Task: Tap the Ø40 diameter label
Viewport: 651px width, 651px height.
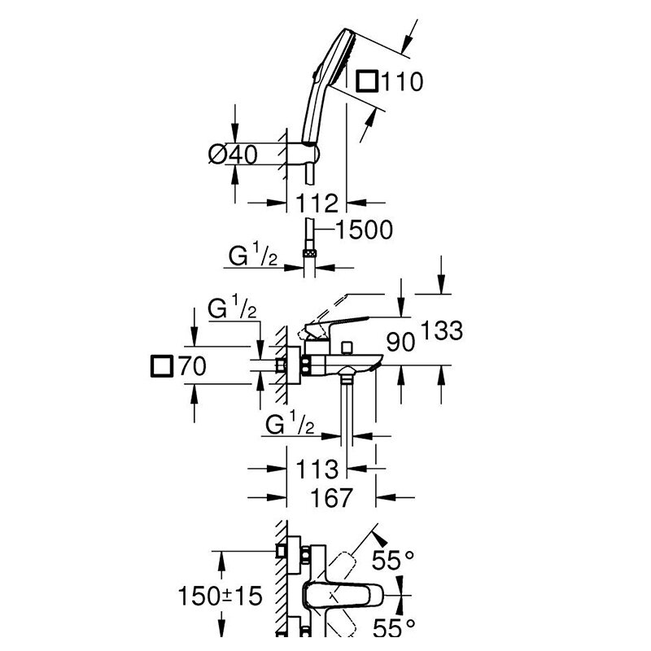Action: (x=233, y=155)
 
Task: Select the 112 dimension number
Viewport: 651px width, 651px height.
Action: (x=317, y=203)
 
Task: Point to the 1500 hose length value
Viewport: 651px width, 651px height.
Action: (x=364, y=229)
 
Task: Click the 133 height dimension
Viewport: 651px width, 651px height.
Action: (x=442, y=330)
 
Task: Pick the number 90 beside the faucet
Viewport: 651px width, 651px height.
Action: (x=400, y=342)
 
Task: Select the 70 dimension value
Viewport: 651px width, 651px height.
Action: (x=192, y=366)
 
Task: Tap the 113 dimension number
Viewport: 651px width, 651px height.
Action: (x=317, y=470)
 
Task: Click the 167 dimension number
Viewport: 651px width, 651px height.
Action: (x=332, y=497)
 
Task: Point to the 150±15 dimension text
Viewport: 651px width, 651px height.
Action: (x=220, y=596)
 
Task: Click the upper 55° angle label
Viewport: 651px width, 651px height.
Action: (x=393, y=560)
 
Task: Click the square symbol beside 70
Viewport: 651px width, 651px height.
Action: (x=161, y=366)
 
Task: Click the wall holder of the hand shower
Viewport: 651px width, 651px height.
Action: (x=311, y=155)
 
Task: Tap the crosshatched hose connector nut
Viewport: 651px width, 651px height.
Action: (x=310, y=254)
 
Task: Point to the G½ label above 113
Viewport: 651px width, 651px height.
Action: (x=290, y=423)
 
